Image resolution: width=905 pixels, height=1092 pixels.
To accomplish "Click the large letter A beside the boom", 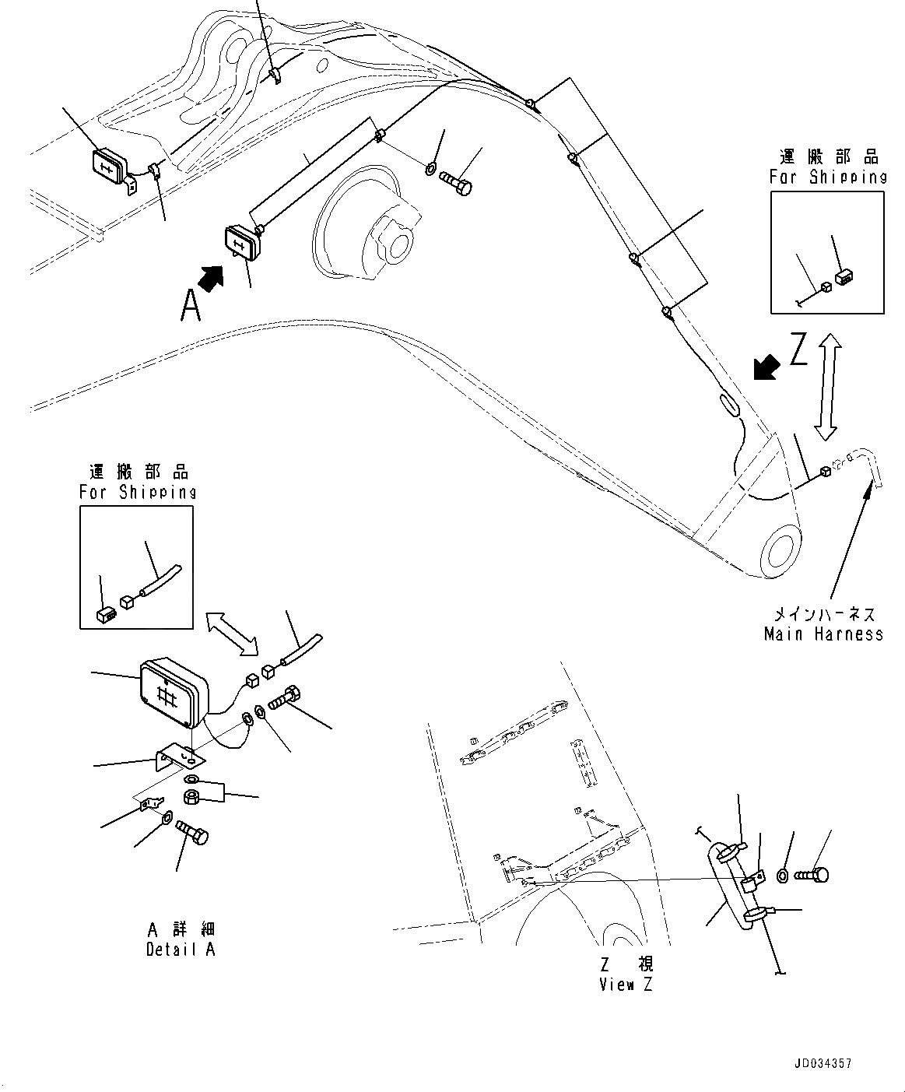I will [191, 305].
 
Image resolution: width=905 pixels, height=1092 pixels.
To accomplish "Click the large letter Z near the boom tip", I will [799, 350].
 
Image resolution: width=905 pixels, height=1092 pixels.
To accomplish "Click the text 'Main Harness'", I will [823, 634].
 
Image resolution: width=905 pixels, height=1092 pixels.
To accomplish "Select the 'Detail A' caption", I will [181, 950].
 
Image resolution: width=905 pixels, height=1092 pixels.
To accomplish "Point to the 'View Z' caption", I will [626, 985].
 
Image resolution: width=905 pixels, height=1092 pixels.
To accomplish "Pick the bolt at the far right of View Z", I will [813, 875].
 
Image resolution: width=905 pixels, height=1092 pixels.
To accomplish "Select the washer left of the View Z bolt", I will [784, 876].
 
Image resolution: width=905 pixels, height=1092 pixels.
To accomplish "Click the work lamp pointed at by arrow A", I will [241, 241].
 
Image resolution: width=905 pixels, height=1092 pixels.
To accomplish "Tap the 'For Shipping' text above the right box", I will [828, 177].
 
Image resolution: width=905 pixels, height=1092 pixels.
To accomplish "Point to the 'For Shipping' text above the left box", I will [138, 492].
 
